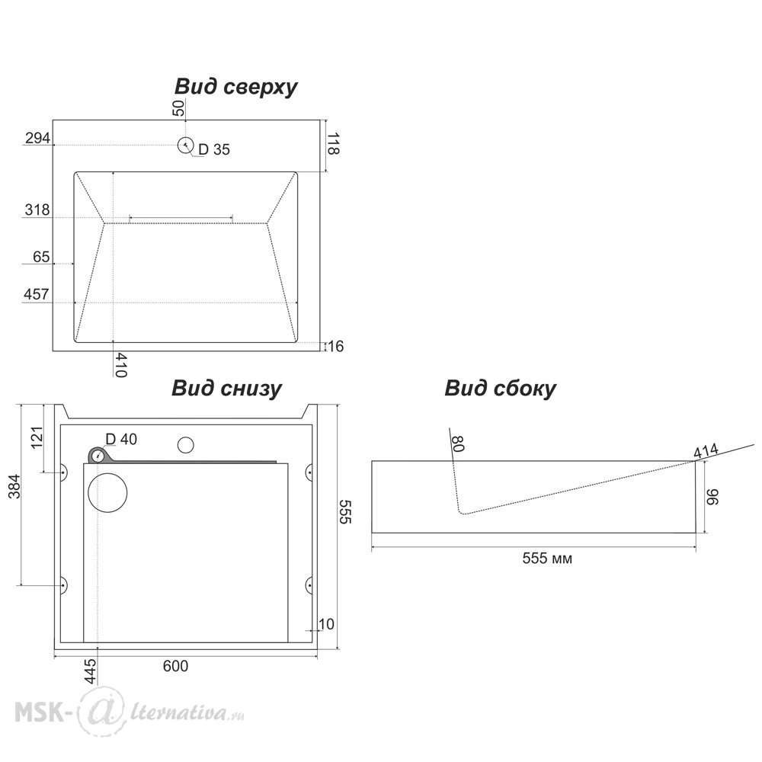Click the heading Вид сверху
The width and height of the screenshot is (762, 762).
click(236, 87)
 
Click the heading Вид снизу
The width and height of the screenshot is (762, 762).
click(226, 389)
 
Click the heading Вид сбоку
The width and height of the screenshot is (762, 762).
click(501, 389)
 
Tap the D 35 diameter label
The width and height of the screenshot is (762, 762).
click(214, 150)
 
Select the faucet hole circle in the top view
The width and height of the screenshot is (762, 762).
click(185, 145)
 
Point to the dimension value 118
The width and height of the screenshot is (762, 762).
click(333, 143)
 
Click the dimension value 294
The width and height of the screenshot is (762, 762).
click(37, 138)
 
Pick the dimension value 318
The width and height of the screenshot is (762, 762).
click(37, 210)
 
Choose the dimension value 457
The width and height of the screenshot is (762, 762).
click(37, 294)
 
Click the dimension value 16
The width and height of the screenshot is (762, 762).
click(336, 347)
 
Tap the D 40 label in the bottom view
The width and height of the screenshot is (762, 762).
click(121, 439)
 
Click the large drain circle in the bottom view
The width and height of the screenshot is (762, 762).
click(108, 492)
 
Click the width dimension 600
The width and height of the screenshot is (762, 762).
click(175, 666)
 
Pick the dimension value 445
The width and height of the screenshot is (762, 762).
click(91, 671)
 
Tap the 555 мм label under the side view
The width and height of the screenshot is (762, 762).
click(547, 559)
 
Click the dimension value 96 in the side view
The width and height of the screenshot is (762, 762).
click(714, 498)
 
